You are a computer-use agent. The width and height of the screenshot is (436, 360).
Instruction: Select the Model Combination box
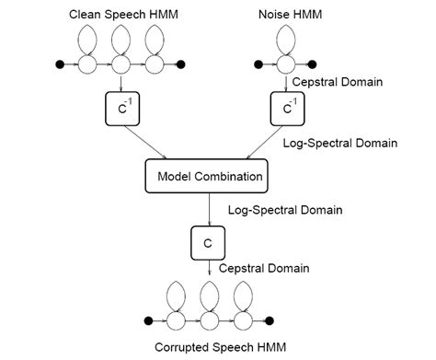211,176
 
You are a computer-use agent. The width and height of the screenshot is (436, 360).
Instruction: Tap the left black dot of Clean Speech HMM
62,65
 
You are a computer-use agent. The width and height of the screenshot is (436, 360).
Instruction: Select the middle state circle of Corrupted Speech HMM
211,320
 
